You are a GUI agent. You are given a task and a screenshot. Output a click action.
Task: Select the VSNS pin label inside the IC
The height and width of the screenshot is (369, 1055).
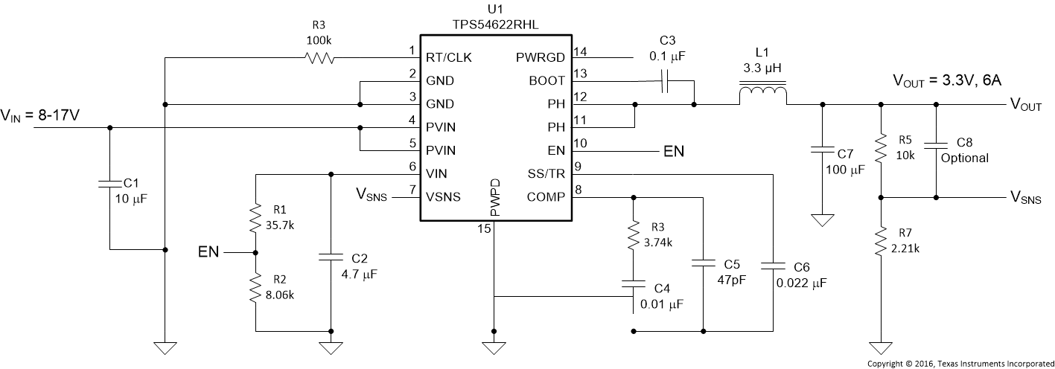[443, 197]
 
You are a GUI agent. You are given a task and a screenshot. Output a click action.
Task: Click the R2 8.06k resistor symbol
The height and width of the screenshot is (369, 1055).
[255, 288]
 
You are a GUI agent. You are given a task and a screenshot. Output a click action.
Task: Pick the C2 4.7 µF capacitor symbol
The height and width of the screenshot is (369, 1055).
[330, 257]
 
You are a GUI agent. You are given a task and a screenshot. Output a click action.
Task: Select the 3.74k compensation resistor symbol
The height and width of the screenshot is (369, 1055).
[633, 235]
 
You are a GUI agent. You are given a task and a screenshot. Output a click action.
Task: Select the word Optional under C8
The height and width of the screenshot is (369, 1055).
[965, 158]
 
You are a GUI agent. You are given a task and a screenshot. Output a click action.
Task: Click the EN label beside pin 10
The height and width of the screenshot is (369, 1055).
[672, 151]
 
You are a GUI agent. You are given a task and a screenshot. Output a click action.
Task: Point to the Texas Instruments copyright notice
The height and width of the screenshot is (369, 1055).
[960, 363]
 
